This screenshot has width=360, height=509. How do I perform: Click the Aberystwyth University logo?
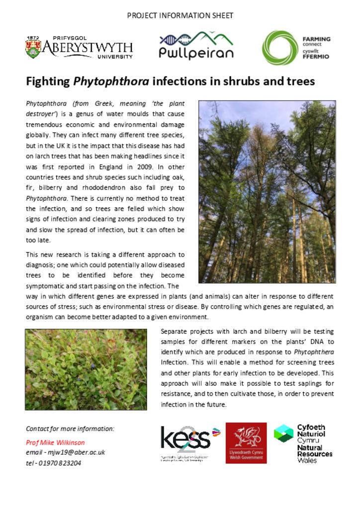[x=79, y=48]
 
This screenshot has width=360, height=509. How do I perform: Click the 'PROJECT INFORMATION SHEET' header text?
[x=180, y=15]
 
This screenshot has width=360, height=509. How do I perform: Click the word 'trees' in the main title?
[x=300, y=81]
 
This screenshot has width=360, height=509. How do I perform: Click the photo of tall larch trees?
[x=267, y=191]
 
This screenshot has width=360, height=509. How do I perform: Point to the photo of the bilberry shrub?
[x=86, y=369]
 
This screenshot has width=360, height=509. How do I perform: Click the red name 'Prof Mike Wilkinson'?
[x=55, y=442]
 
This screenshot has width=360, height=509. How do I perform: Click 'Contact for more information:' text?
[x=70, y=428]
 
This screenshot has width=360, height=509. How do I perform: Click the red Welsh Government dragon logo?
[x=246, y=443]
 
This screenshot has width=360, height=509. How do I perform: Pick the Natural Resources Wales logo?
[x=304, y=443]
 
